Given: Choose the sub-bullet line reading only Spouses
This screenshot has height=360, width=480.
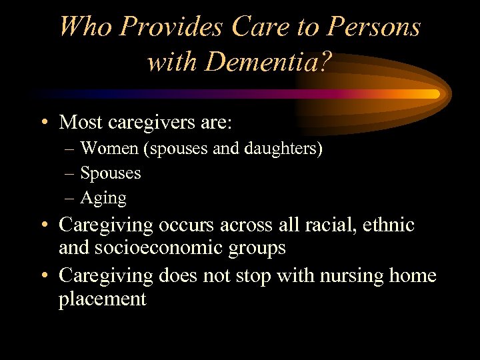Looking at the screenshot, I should click(x=111, y=173).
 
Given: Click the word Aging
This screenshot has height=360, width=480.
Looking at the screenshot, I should click(x=103, y=199).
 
